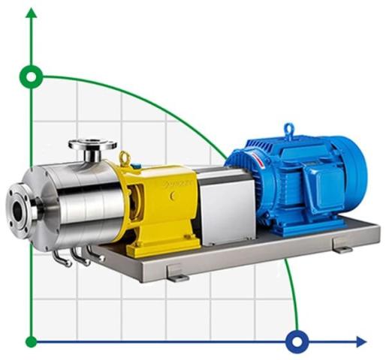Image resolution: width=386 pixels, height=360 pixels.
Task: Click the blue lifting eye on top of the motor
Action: click(x=288, y=128)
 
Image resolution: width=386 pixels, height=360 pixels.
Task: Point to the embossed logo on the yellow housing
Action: click(x=179, y=182)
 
